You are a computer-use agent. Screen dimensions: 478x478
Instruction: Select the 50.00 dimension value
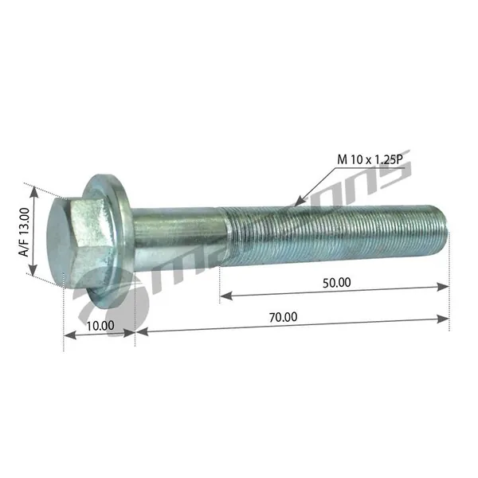(x=336, y=283)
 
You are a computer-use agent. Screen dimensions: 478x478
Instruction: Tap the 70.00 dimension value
(x=283, y=317)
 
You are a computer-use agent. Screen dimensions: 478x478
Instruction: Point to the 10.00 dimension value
(x=100, y=326)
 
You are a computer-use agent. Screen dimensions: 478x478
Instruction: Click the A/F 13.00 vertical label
(x=24, y=232)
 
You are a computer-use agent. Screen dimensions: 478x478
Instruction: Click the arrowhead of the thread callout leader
(x=300, y=202)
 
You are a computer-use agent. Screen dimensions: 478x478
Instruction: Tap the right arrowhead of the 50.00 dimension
(x=443, y=287)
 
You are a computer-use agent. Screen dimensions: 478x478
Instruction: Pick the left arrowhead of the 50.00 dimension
(x=226, y=296)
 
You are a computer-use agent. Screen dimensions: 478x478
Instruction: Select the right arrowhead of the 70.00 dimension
(x=443, y=319)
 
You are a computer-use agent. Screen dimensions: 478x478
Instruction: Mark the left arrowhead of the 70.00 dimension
(x=142, y=331)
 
